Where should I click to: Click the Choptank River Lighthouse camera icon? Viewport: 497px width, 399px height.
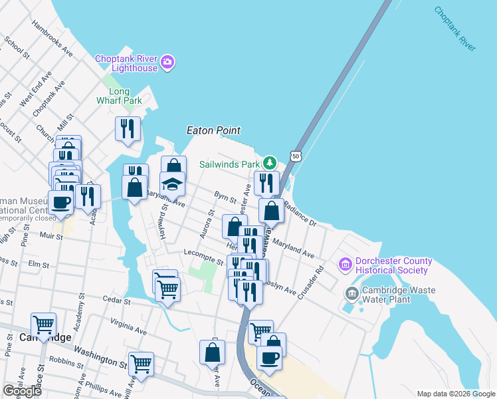tap(167, 63)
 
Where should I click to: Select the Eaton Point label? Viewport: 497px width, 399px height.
tap(213, 131)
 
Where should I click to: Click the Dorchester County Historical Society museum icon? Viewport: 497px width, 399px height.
tap(345, 265)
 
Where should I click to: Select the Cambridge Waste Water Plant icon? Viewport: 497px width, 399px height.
tap(351, 293)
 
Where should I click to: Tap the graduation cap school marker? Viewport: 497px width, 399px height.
tap(172, 184)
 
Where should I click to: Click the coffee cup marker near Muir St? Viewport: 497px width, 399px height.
tap(60, 203)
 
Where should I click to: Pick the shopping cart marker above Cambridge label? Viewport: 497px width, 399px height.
tap(43, 325)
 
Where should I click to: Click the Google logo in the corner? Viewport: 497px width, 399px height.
tap(22, 391)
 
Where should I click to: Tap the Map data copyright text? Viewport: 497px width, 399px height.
tap(456, 394)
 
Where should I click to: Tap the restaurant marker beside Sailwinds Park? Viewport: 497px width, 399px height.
tap(266, 183)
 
